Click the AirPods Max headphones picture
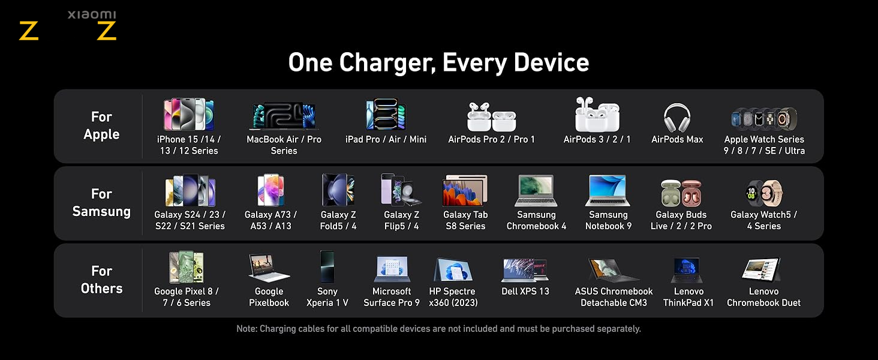[x=677, y=117]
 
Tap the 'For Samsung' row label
[x=101, y=202]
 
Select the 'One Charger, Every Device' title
[x=438, y=62]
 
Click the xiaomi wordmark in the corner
[x=92, y=15]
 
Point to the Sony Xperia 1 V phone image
[x=327, y=266]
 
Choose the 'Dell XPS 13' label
[x=525, y=292]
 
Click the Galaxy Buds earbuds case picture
[x=681, y=193]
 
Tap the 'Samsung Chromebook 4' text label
[x=536, y=220]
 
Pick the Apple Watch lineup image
[x=764, y=118]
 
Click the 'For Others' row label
[x=101, y=280]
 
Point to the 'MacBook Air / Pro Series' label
[x=284, y=145]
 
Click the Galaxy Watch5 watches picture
[x=763, y=193]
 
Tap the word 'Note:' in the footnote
[x=246, y=329]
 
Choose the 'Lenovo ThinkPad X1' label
[x=688, y=297]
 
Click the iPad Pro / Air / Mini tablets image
[x=386, y=114]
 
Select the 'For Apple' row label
[x=101, y=125]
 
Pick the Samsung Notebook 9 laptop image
[x=608, y=191]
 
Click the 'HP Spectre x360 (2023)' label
[x=453, y=297]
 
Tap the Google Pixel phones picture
[x=186, y=267]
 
